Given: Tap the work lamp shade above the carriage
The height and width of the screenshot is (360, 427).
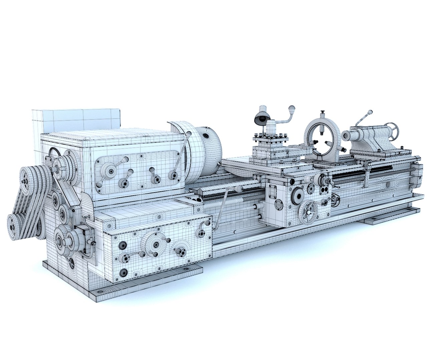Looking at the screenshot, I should [260, 117].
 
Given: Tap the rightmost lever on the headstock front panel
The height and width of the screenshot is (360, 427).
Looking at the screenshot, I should [173, 175].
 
